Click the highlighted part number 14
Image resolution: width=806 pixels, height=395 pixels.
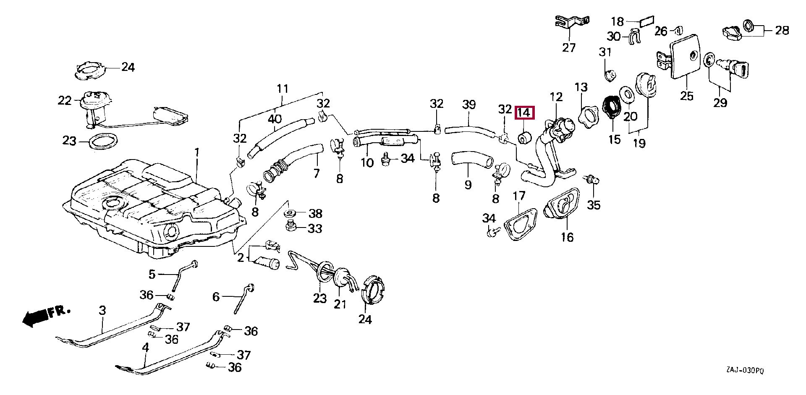click(524, 113)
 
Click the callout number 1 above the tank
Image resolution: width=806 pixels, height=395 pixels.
click(197, 152)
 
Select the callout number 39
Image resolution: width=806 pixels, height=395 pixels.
click(468, 104)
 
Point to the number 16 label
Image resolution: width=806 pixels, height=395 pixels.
click(567, 237)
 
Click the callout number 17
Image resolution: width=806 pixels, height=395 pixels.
click(519, 196)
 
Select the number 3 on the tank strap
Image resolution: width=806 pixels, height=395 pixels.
click(102, 311)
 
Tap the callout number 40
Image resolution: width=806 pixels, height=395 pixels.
click(275, 119)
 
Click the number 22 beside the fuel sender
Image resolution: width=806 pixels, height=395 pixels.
click(65, 101)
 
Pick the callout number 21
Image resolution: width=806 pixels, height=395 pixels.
click(340, 304)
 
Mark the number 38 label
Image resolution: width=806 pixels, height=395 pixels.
click(315, 214)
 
